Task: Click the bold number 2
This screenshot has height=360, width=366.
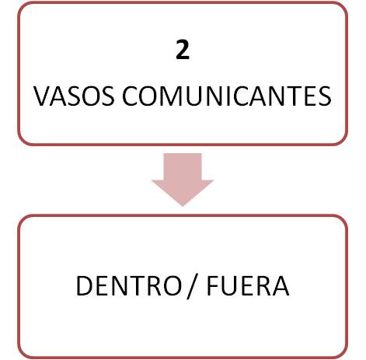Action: pos(183,50)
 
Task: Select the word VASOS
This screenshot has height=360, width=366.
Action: pos(74,96)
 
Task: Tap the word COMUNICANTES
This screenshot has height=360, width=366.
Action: pos(227,96)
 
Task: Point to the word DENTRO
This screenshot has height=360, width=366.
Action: pos(129,285)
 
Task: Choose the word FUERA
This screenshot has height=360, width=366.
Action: pos(248,285)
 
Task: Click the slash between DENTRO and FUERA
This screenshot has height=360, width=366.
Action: pos(192,287)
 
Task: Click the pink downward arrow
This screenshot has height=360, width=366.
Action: pos(183,180)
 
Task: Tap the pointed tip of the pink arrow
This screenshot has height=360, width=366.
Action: pos(183,206)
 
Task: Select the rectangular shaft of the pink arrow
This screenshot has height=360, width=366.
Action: pos(183,166)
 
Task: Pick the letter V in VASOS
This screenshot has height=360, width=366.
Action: pos(42,96)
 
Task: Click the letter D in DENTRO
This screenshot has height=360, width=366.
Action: pos(84,285)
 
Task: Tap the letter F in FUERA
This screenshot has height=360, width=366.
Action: pos(213,285)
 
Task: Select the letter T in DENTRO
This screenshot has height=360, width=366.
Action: pos(138,285)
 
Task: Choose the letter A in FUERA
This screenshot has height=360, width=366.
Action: pos(280,285)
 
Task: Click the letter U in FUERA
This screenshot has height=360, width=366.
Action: pos(231,285)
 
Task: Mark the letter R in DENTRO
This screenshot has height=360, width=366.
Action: pos(156,285)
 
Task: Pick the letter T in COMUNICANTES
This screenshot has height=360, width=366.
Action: pos(294,96)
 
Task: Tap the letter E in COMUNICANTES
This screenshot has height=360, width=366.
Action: pos(311,96)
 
